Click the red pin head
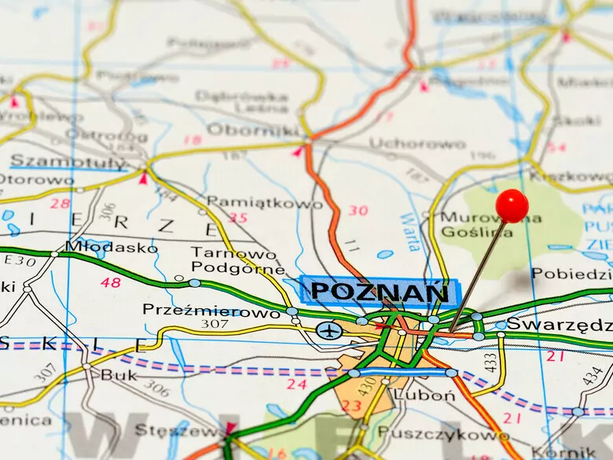tap(512, 205)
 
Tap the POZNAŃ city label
tap(380, 292)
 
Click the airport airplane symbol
tap(331, 331)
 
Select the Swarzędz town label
tap(559, 324)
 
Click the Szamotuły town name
tap(68, 163)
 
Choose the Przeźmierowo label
tap(211, 311)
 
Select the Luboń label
tap(424, 395)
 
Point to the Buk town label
tap(119, 375)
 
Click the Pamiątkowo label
tap(264, 203)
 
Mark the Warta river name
tap(409, 232)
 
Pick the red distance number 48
tap(111, 282)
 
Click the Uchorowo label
tap(417, 144)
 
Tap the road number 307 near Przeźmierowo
tap(214, 324)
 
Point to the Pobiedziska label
tap(572, 274)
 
